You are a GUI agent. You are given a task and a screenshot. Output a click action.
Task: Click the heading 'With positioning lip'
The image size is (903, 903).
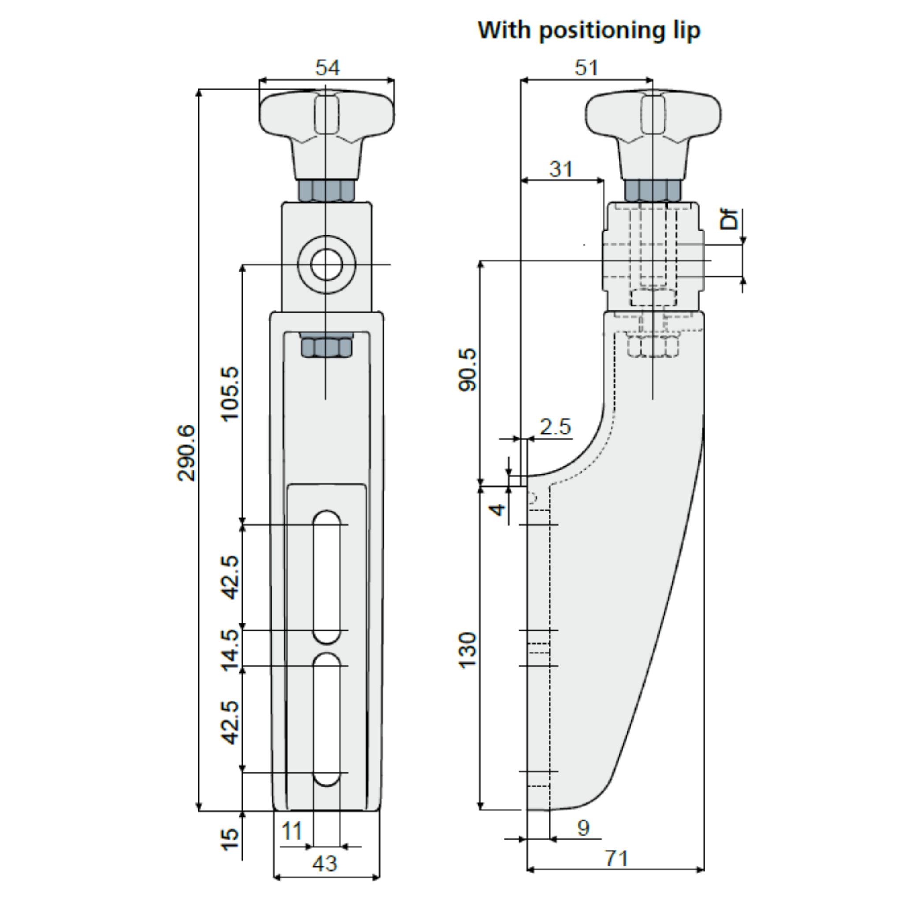tap(589, 31)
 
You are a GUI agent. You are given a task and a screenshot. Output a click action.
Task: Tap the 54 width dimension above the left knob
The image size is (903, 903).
tap(327, 68)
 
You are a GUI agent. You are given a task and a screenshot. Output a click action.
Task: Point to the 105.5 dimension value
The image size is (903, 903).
tap(231, 394)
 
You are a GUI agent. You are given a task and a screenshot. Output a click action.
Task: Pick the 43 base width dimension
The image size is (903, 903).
tap(325, 863)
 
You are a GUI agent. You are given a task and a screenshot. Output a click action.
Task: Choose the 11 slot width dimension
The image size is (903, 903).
tap(291, 832)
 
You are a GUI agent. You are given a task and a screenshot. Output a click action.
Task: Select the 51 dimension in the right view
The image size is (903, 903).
tap(586, 68)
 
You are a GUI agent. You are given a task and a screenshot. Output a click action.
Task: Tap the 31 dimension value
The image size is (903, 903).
tap(560, 169)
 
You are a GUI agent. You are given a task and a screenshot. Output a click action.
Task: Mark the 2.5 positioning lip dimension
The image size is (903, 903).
tap(555, 427)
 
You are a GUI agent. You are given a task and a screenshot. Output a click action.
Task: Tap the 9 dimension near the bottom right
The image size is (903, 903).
tap(583, 828)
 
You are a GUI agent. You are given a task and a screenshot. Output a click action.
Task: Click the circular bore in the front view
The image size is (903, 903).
tap(327, 265)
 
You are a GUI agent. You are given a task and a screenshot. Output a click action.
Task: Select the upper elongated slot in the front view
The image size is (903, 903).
tap(327, 577)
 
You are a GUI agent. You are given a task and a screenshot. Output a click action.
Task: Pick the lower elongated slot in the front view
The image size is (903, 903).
tap(327, 719)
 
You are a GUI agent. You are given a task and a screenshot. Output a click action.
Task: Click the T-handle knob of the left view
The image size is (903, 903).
tap(327, 122)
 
